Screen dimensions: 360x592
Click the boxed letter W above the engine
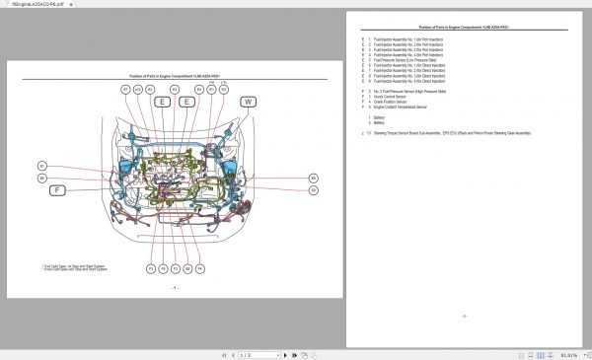[x=248, y=102]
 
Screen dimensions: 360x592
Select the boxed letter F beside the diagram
[x=58, y=188]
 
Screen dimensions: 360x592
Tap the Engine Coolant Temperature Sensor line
[x=408, y=107]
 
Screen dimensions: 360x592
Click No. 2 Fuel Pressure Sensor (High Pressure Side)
[x=413, y=91]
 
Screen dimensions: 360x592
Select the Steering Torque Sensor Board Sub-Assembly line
[x=444, y=132]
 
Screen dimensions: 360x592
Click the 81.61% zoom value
[x=569, y=354]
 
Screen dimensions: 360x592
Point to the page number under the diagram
[x=174, y=288]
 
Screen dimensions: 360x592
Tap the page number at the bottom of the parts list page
[x=464, y=316]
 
